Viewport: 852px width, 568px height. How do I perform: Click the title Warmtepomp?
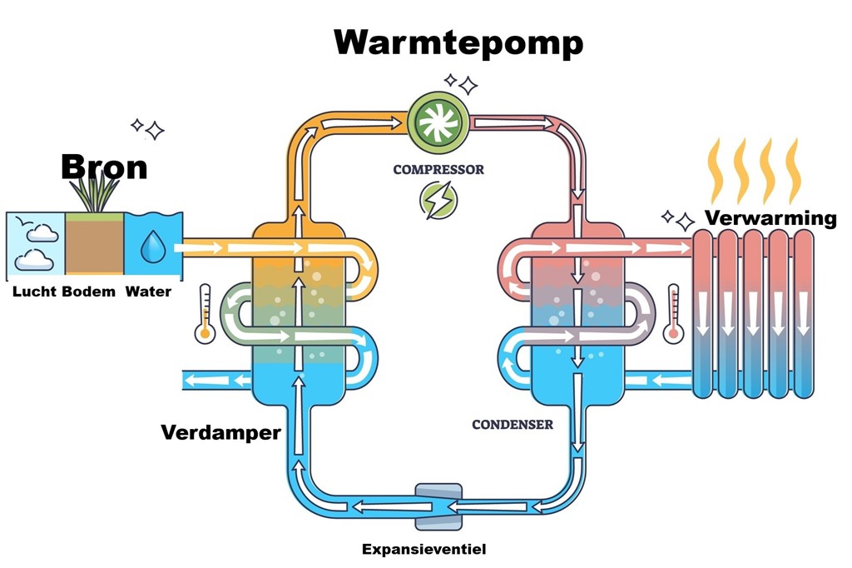pos(458,42)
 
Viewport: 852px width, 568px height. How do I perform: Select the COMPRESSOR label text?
pos(438,170)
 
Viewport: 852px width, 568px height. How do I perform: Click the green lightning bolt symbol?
pos(438,201)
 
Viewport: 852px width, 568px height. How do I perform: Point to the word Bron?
pos(104,167)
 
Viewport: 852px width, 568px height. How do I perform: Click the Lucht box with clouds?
pos(36,243)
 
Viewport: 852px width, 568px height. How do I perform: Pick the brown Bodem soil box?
pos(94,247)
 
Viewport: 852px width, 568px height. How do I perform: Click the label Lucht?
pos(34,291)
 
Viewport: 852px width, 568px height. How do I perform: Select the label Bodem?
pos(89,291)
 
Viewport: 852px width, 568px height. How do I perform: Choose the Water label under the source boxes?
pos(148,291)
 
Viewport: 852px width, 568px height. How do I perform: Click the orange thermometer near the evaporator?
pos(205,313)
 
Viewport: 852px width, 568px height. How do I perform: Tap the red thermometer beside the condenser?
pos(673,313)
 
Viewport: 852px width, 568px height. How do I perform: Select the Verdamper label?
pos(220,432)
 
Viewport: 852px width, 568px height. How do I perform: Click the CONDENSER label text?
pos(513,425)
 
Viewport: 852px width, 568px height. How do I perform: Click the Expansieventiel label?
pos(424,549)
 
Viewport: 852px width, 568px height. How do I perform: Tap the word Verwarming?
pos(770,218)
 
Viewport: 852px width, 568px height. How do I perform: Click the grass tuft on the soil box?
pos(93,193)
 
